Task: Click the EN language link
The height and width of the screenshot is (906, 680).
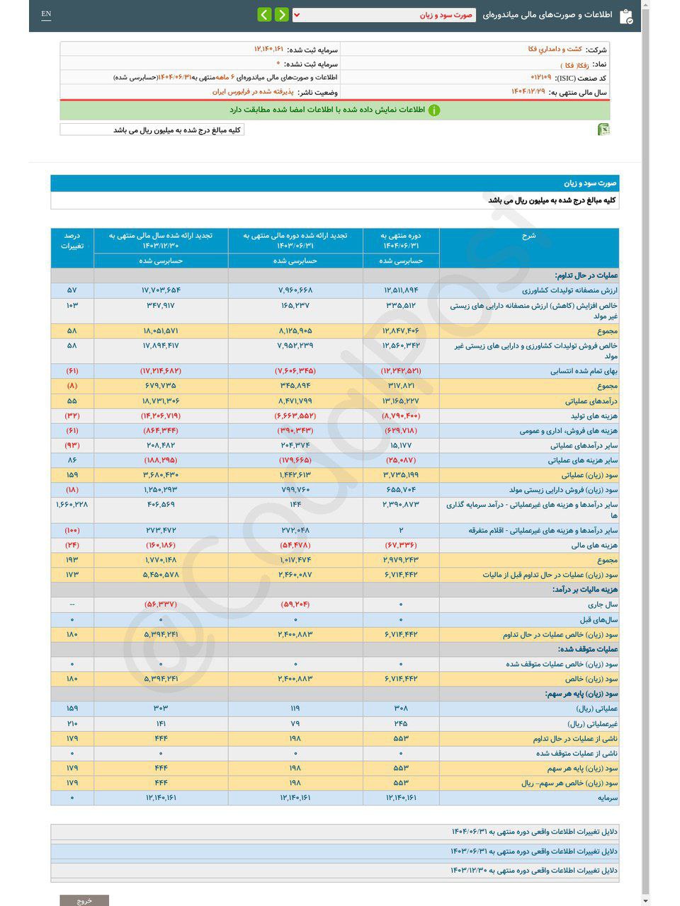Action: pos(46,14)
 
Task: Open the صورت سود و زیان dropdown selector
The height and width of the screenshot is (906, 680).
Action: pos(383,15)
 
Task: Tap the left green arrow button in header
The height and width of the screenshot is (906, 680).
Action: pos(264,15)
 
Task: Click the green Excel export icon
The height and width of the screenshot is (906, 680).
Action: pos(603,130)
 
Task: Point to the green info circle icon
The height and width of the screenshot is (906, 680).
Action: pos(433,110)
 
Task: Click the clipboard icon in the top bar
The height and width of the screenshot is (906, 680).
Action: pos(626,16)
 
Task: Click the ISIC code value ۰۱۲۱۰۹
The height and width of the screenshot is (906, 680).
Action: pos(541,77)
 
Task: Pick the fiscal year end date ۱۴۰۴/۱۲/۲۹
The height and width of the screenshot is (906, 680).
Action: pos(528,92)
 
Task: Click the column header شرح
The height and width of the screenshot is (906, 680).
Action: pos(528,236)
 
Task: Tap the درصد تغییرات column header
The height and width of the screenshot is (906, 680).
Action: pos(72,241)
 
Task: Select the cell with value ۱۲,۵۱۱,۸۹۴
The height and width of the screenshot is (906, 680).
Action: pos(401,291)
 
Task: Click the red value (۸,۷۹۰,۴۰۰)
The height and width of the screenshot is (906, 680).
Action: pos(401,416)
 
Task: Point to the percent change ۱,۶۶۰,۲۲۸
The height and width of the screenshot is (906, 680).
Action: pos(72,505)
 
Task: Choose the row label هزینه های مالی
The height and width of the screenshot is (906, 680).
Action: pos(594,546)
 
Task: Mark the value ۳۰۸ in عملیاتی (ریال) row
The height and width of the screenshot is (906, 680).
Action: pos(401,709)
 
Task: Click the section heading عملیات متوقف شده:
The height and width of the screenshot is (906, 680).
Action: pos(587,649)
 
